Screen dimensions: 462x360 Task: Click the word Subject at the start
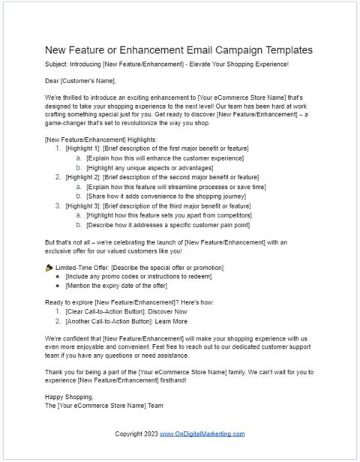click(x=58, y=65)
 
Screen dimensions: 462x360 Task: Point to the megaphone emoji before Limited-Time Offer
click(x=49, y=268)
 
